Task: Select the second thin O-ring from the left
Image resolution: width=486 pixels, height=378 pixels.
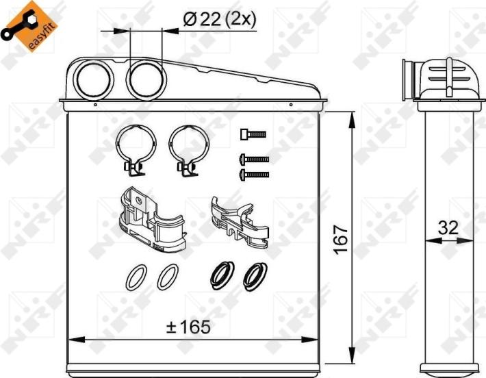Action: click(x=166, y=277)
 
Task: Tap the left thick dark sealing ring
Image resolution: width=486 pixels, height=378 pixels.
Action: click(x=221, y=275)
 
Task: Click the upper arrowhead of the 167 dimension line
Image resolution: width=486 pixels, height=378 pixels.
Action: click(x=353, y=119)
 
